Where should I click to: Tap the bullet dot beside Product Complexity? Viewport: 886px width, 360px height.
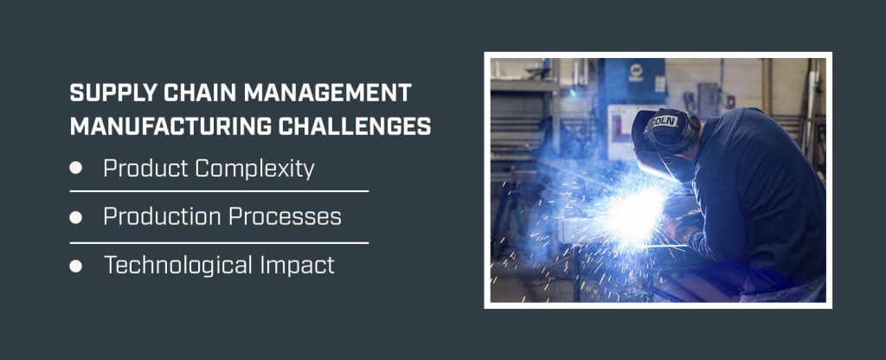(x=76, y=169)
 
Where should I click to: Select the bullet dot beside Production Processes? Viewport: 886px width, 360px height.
(x=76, y=217)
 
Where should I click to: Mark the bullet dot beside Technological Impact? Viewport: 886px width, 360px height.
(x=76, y=266)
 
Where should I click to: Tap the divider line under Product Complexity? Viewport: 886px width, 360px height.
(x=219, y=191)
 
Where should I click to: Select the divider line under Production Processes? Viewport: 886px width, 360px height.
(x=219, y=243)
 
